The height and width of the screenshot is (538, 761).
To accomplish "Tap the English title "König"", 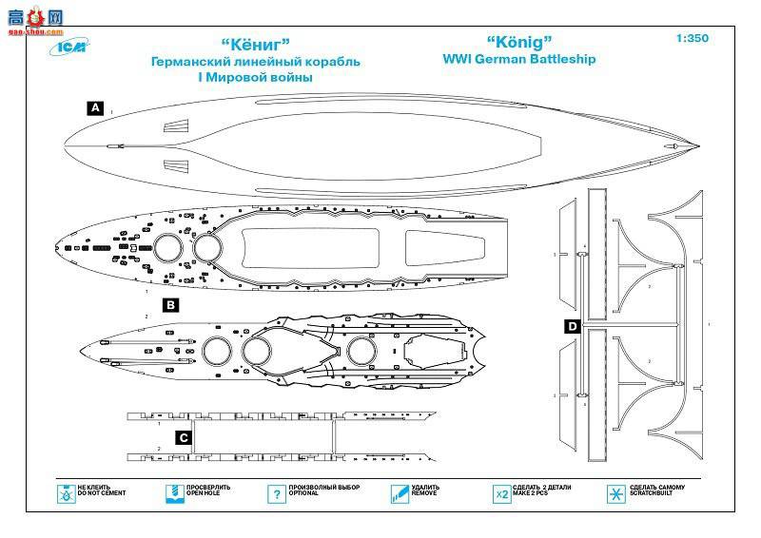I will (x=519, y=42).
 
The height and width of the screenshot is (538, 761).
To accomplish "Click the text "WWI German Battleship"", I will (x=519, y=59).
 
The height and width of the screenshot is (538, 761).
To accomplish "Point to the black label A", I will (x=94, y=108).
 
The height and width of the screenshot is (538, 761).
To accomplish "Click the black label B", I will (x=170, y=305).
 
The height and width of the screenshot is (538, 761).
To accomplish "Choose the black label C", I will (x=185, y=437).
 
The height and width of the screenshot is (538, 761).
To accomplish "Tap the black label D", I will (x=571, y=328).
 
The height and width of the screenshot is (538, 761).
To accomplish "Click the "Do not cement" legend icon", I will (x=66, y=494).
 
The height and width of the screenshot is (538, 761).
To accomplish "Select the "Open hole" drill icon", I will (x=172, y=494).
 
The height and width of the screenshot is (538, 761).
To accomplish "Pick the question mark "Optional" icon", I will (x=276, y=494).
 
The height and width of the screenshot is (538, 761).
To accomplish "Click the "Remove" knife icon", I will (x=399, y=494).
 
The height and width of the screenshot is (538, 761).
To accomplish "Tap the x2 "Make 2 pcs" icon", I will (x=501, y=494).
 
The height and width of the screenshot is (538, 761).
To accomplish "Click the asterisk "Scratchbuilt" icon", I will (x=615, y=494).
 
